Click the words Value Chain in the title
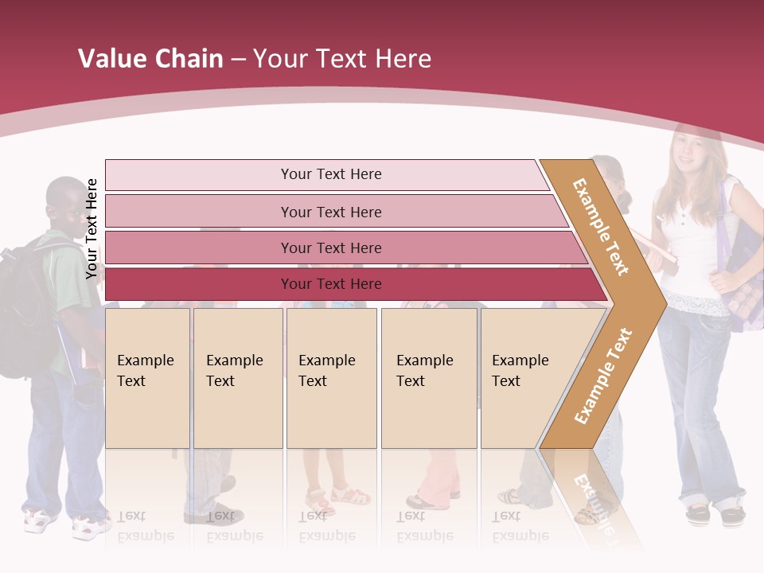[x=150, y=59]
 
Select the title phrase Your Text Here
[x=342, y=59]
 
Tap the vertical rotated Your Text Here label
[x=92, y=229]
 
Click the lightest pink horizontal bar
[x=330, y=174]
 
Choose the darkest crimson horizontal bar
[x=330, y=284]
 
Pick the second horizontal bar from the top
[x=330, y=212]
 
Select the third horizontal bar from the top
[x=330, y=248]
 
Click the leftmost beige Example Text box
[x=147, y=378]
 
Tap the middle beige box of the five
[x=331, y=378]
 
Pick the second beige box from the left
[x=238, y=378]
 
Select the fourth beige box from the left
[x=429, y=378]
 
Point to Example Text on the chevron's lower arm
[x=602, y=376]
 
